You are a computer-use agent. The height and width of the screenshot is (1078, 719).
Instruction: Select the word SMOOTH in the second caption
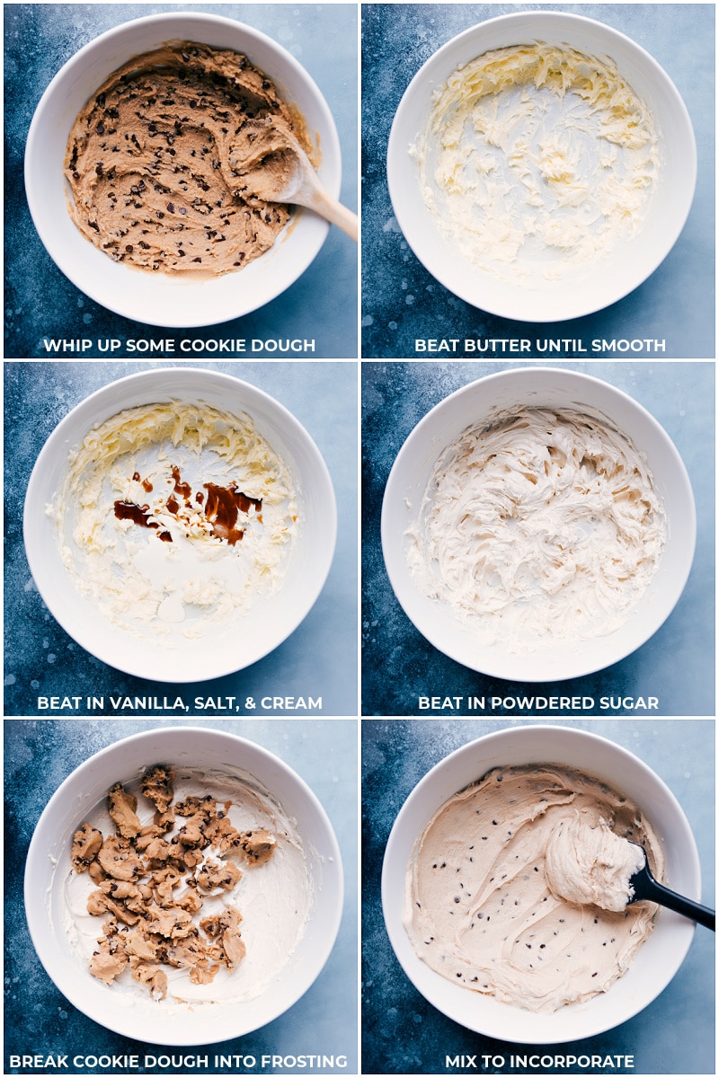tap(633, 346)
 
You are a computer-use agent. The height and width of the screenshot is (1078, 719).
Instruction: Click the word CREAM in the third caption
tap(292, 703)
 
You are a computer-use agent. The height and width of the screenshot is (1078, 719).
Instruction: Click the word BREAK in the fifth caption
tap(38, 1062)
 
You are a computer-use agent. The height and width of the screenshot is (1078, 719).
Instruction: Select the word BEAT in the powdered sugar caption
tap(439, 703)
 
